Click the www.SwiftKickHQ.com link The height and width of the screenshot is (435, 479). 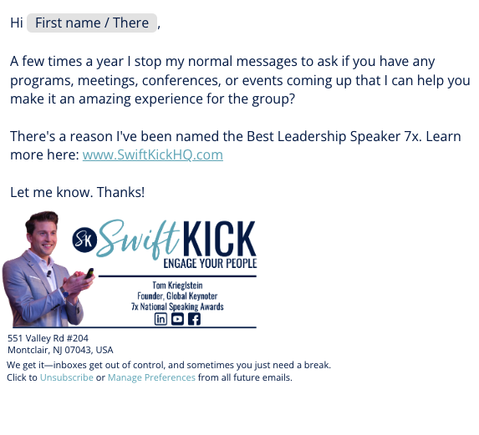(153, 154)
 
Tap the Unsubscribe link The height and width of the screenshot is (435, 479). (67, 377)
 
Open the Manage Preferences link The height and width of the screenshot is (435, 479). (151, 377)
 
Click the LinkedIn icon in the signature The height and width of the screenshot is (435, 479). (161, 319)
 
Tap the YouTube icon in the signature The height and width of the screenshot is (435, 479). (177, 319)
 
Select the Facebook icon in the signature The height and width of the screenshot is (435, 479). (194, 319)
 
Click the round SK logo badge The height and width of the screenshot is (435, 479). (84, 240)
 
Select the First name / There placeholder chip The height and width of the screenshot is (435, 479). (92, 23)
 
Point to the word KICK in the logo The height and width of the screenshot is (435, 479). (219, 238)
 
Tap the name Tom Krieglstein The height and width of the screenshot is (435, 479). (177, 286)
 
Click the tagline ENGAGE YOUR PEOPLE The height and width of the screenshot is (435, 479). (210, 263)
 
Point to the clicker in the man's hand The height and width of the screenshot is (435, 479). (89, 273)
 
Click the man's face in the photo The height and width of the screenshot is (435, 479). (45, 235)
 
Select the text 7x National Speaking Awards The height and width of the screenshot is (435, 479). (177, 306)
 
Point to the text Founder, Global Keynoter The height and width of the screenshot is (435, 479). (177, 296)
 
